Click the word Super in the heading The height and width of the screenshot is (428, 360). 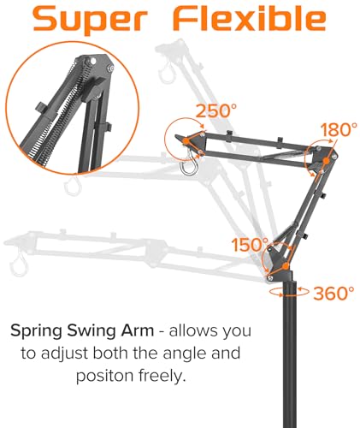coord(90,21)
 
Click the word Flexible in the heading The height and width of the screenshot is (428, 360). coord(250,17)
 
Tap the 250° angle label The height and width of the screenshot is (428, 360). coord(216,110)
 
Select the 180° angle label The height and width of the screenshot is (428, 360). coord(339,129)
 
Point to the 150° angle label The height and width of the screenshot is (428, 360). coord(250,245)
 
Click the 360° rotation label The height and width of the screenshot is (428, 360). coord(333,293)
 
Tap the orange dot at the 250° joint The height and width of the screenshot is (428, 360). coord(186,140)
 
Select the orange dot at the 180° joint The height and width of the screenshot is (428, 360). coord(326,161)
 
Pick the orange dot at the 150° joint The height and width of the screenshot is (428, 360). coord(285,266)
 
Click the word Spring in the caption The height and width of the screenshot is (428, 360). coord(36,331)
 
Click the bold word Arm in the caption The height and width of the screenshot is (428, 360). coord(138,330)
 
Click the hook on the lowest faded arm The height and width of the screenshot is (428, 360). coord(20,265)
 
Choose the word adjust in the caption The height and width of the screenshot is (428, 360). coord(64,354)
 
